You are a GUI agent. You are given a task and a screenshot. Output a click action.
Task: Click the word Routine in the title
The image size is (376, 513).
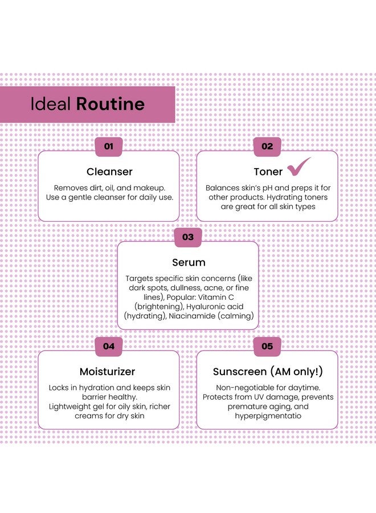(110, 104)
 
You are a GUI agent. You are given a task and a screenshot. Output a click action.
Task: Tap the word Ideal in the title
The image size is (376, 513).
(50, 104)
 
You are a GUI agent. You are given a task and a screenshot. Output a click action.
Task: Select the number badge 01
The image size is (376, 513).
(109, 146)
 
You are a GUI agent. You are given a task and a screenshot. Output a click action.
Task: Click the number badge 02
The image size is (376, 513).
(267, 146)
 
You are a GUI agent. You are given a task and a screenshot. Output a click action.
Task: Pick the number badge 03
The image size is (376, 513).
(188, 237)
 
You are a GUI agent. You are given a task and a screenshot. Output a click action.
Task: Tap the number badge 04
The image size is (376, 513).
(109, 346)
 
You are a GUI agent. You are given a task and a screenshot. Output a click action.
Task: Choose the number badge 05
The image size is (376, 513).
(267, 346)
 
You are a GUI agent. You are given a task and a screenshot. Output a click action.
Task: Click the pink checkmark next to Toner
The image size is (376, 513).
(299, 166)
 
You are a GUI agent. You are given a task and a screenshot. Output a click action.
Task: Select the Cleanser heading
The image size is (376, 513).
(109, 172)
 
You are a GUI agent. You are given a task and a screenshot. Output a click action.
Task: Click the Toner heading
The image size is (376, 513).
(268, 172)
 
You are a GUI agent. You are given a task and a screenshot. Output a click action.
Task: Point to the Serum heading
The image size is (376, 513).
(189, 262)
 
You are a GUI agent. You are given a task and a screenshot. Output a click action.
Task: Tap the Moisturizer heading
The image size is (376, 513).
(107, 371)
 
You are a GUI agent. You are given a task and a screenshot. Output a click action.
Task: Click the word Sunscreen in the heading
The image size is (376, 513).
(240, 372)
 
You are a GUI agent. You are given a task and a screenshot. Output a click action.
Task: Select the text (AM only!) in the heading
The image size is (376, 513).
(297, 372)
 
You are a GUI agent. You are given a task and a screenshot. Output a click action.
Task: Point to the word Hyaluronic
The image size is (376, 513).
(205, 307)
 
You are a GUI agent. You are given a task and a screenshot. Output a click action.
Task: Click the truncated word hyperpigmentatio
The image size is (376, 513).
(268, 416)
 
